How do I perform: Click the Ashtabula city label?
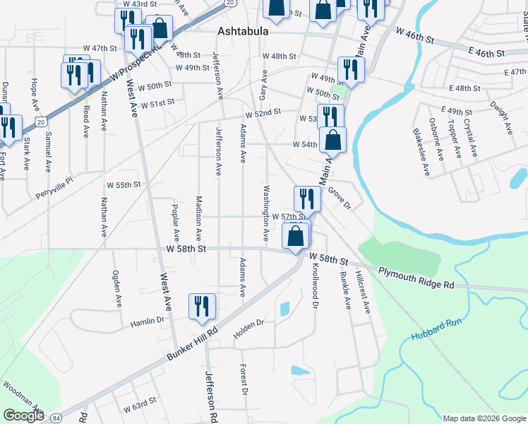245,32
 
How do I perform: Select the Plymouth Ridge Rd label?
416,278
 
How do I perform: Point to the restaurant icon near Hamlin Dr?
202,306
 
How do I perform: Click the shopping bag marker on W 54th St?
333,139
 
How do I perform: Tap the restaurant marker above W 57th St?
307,199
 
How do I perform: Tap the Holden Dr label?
251,324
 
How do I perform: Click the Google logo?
24,416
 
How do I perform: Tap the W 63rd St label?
138,408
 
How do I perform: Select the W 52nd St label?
263,112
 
